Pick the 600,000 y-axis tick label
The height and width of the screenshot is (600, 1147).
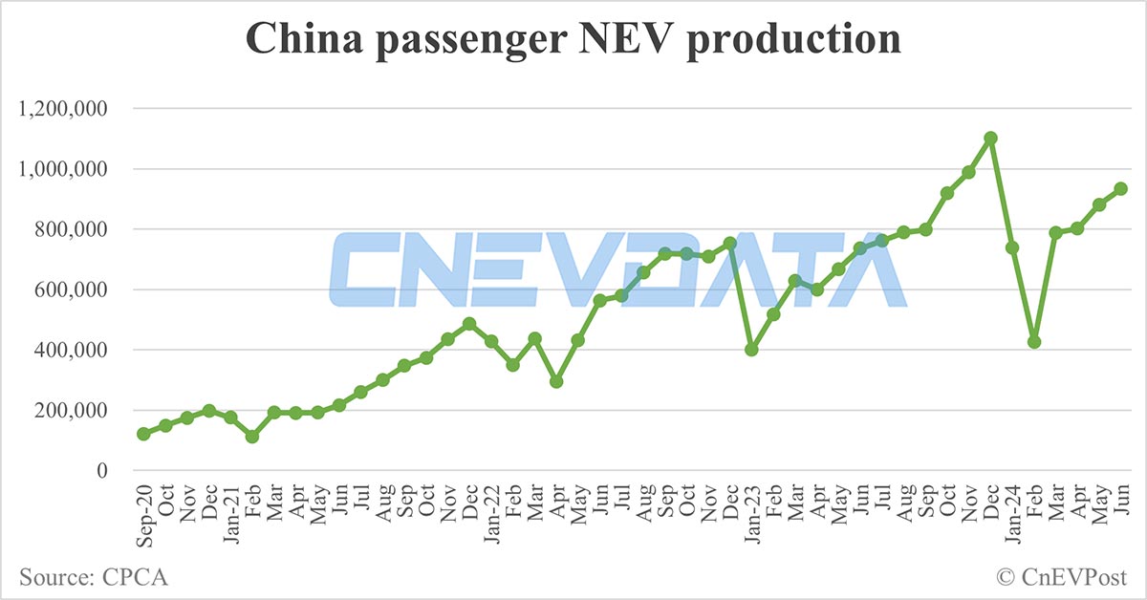coord(72,289)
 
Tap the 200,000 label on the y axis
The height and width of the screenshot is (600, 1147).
coord(72,410)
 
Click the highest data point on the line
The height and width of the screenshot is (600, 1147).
coord(991,139)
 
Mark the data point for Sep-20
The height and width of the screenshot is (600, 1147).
coord(143,434)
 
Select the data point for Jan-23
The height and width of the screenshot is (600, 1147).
coord(751,350)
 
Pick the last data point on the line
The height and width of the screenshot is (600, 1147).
coord(1121,189)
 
